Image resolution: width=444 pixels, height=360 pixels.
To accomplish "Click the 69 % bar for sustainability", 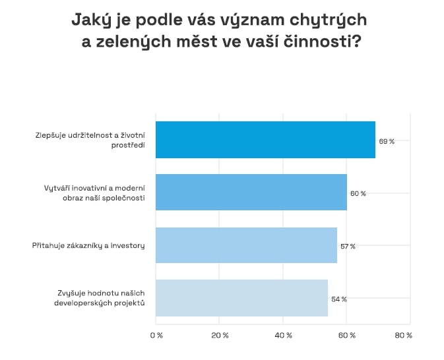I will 265,140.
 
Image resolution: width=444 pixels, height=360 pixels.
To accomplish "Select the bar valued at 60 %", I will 251,193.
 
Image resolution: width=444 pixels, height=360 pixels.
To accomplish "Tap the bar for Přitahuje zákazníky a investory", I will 246,245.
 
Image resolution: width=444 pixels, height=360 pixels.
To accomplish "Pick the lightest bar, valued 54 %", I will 241,298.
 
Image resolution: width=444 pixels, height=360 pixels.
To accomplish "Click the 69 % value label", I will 386,141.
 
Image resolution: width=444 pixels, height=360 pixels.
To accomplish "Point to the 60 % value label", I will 358,194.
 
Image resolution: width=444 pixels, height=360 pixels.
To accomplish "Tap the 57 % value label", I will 348,247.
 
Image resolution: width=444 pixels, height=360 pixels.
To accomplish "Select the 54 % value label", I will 338,299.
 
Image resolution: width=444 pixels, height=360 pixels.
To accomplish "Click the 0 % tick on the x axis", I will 156,336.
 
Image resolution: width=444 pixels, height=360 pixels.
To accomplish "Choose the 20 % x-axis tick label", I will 220,336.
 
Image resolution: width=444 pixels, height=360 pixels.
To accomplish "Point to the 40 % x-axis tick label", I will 284,336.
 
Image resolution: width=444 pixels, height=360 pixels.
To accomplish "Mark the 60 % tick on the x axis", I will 347,336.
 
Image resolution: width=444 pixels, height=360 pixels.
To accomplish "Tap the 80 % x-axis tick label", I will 403,336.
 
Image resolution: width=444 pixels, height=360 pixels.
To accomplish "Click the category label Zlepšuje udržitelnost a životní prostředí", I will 90,140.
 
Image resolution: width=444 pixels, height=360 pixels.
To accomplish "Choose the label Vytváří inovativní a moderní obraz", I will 90,193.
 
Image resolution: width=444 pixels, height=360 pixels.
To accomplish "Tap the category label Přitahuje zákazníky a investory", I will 88,246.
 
